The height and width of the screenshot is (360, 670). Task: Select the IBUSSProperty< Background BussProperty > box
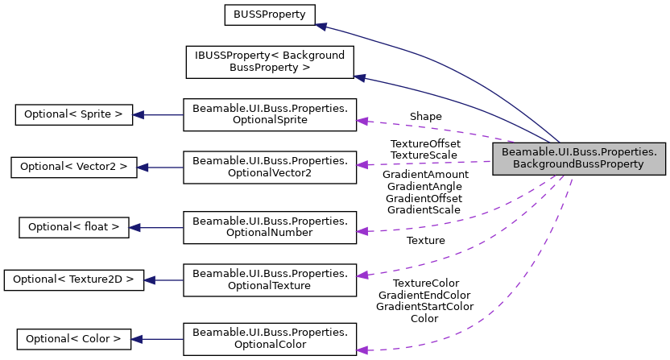[x=270, y=62]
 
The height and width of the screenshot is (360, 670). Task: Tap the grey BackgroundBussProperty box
[x=579, y=158]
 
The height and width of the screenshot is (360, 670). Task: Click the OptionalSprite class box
[x=270, y=114]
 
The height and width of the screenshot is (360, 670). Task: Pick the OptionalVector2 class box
[x=270, y=167]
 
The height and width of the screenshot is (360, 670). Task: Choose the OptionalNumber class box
[x=270, y=227]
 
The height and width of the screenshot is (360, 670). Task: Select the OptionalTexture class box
[x=270, y=279]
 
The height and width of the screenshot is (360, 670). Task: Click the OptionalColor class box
[x=270, y=339]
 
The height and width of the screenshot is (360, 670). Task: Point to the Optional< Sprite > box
[x=73, y=114]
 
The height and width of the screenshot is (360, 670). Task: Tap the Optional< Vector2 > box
[x=73, y=167]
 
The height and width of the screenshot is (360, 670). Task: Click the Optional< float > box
[x=73, y=227]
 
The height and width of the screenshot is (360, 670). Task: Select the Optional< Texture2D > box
[x=73, y=279]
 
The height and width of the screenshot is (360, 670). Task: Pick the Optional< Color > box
[x=73, y=339]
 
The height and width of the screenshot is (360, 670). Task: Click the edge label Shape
[x=425, y=117]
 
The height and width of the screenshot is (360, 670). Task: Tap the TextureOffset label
[x=425, y=143]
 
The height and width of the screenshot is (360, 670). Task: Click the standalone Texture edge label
[x=425, y=240]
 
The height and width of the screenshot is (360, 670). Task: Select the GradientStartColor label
[x=424, y=307]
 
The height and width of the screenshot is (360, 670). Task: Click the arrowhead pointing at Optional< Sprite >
[x=139, y=114]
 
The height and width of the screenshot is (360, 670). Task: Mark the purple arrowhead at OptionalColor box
[x=362, y=350]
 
